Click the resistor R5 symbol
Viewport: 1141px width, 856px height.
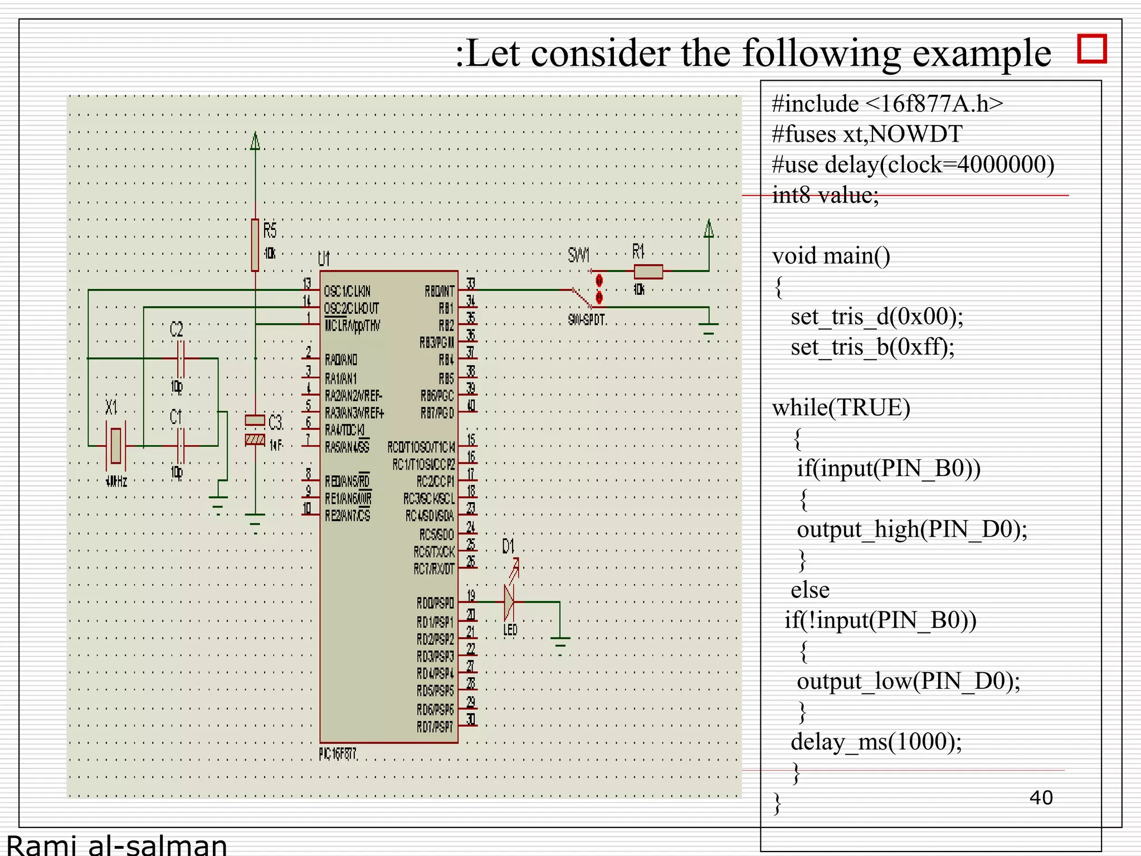pos(255,245)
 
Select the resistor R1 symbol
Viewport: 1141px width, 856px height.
pos(648,271)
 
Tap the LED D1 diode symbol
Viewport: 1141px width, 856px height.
pos(509,602)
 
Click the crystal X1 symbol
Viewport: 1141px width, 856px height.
pos(115,445)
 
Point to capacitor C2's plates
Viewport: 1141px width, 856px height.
pos(179,358)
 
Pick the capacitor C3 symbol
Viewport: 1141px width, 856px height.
pos(255,430)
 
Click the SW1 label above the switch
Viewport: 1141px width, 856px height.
pos(578,256)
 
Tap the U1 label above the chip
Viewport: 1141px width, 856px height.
pos(324,259)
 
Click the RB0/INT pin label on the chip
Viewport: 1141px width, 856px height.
pos(439,291)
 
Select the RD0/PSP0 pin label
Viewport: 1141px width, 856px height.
pos(435,603)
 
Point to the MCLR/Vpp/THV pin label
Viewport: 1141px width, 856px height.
pos(352,325)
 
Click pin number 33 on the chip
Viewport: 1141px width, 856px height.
pos(471,284)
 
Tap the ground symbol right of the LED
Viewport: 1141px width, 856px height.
pos(560,641)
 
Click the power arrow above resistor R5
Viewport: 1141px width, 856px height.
pos(255,142)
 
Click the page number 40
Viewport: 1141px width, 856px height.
pos(1041,797)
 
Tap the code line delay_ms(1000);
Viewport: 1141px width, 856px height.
pos(876,742)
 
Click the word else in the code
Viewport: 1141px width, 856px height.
pos(810,590)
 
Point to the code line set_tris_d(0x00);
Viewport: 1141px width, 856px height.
pos(877,317)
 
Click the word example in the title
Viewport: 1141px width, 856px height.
pos(982,54)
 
